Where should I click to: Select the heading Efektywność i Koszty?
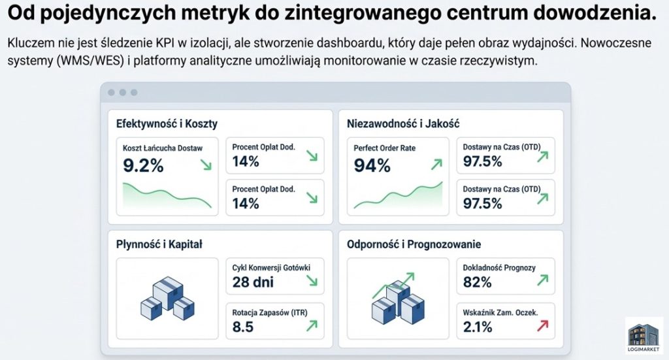tap(167, 123)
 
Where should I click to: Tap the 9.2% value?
tap(143, 165)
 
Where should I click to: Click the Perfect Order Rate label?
tap(384, 148)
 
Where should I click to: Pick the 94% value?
tap(372, 166)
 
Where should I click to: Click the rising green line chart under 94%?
tap(398, 196)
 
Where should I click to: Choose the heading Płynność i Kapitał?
tap(159, 244)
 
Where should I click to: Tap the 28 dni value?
tap(253, 282)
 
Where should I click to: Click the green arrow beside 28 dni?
tap(310, 280)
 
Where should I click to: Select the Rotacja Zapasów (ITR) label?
tap(270, 312)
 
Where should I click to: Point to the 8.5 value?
tap(243, 327)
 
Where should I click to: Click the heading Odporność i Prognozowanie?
tap(414, 244)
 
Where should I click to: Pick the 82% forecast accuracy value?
tap(477, 282)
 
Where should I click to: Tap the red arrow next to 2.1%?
tap(542, 325)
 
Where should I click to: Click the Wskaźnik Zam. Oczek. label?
tap(500, 312)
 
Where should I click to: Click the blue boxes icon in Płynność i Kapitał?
tap(167, 298)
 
